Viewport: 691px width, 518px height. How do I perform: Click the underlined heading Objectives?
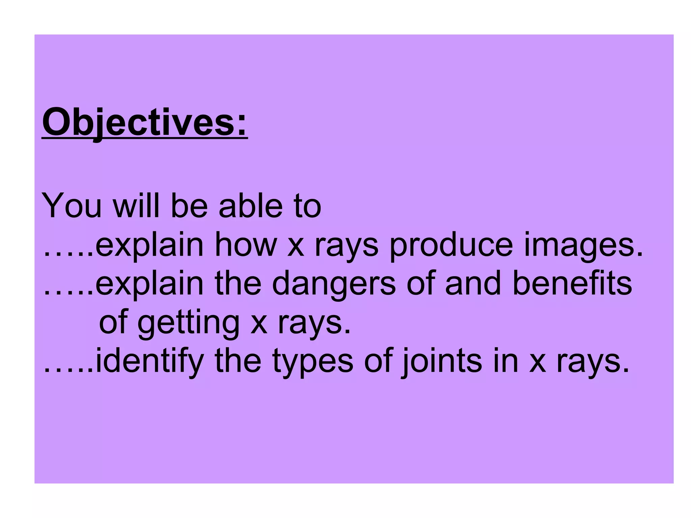click(x=145, y=122)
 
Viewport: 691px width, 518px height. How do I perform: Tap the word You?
click(x=72, y=205)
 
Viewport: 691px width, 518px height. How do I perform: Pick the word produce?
click(x=451, y=245)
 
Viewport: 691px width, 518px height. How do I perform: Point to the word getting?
click(x=188, y=323)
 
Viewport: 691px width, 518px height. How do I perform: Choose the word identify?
click(x=149, y=362)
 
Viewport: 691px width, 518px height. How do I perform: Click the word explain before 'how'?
click(x=149, y=245)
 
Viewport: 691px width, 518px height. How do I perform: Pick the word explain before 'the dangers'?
click(x=149, y=284)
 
